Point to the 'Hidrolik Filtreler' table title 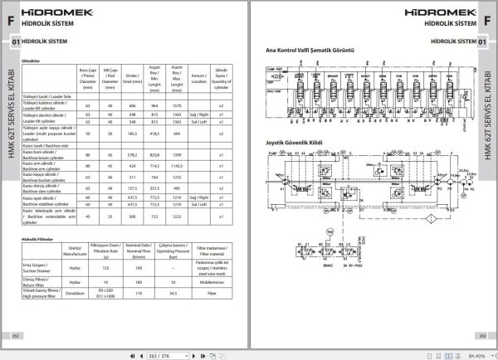coord(37,240)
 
